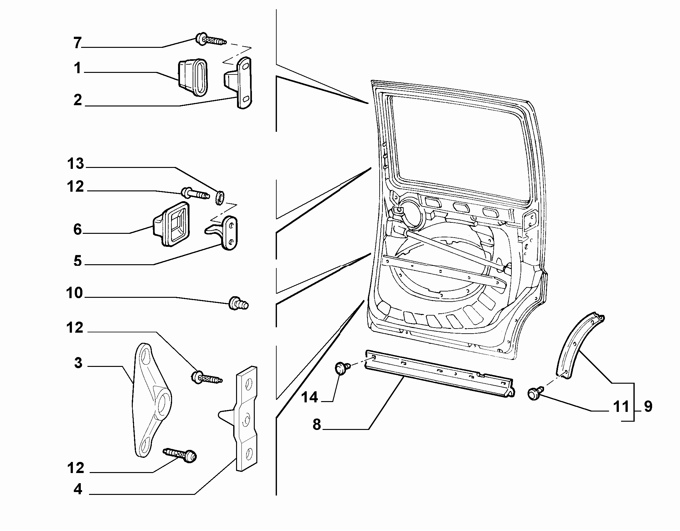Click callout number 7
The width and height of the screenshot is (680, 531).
[x=78, y=43]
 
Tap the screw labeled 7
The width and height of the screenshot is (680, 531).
[x=211, y=40]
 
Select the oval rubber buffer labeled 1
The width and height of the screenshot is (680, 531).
[x=192, y=77]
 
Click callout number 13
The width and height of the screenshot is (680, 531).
[x=75, y=164]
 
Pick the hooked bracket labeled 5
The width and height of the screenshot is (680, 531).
[x=223, y=233]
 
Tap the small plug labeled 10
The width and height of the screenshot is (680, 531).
[x=238, y=303]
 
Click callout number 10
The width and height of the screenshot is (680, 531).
[x=75, y=293]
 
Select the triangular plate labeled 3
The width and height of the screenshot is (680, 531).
[x=151, y=400]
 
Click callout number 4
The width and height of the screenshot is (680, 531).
[x=78, y=489]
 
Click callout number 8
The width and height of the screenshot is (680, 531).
[x=317, y=425]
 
